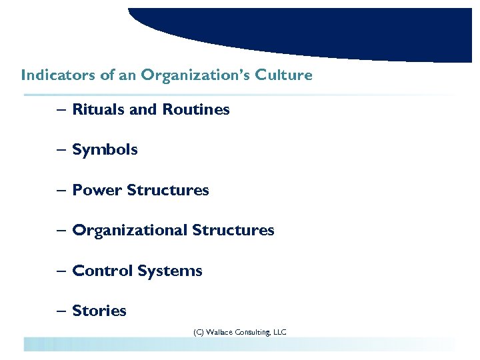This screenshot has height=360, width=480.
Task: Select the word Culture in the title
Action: tap(287, 75)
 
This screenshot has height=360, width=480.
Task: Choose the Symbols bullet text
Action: tap(105, 150)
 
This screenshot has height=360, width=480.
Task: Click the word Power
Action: tap(97, 190)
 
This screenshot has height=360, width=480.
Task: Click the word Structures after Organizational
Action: tap(233, 231)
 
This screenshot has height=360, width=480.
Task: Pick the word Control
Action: tap(103, 271)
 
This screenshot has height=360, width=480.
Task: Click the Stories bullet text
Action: tap(99, 311)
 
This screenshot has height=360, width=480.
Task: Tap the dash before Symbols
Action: tap(61, 150)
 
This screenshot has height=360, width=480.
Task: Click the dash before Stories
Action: tap(61, 311)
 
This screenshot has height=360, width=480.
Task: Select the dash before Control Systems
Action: tap(61, 271)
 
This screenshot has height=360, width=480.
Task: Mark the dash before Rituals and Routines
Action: tap(61, 109)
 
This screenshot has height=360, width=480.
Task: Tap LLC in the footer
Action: tap(279, 331)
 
